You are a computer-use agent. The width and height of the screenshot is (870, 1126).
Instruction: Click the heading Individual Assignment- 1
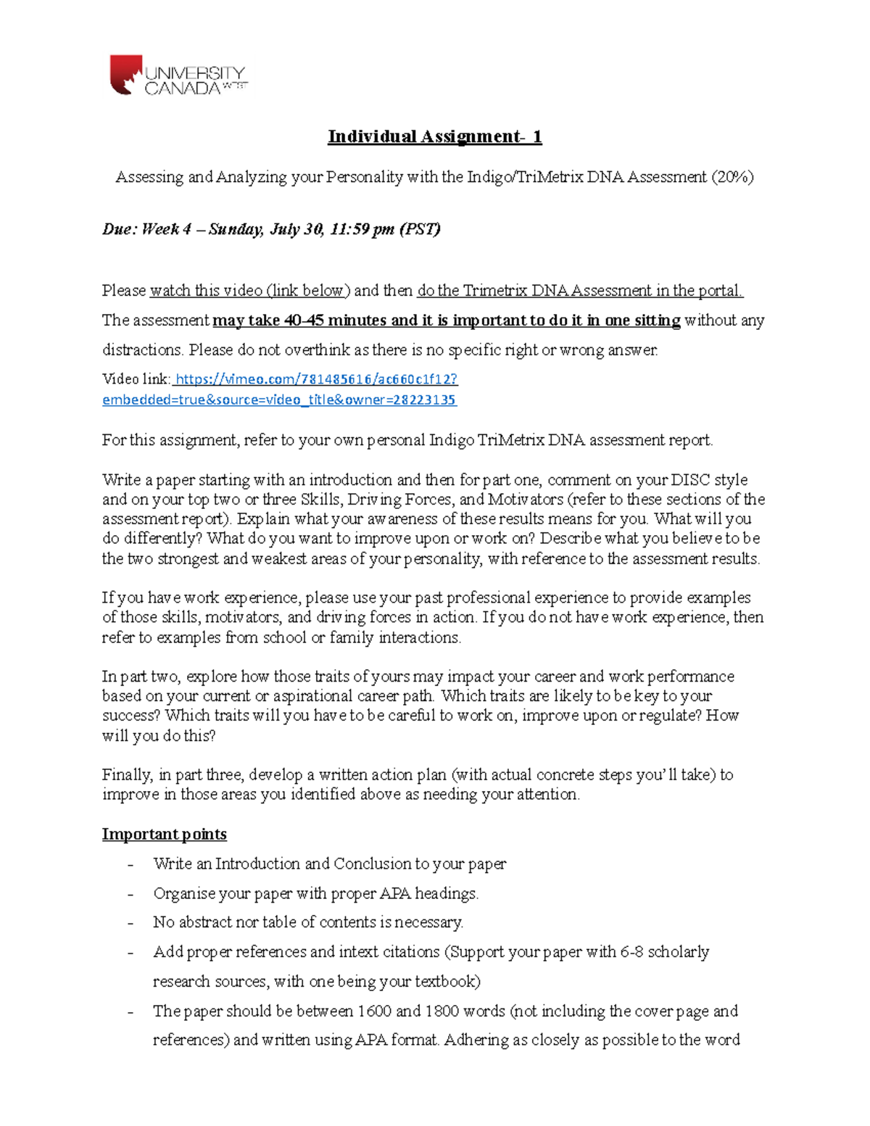coord(434,136)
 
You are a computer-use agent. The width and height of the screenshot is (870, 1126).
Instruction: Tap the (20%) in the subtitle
coord(732,177)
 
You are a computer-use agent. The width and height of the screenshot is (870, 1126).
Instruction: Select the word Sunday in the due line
coord(235,230)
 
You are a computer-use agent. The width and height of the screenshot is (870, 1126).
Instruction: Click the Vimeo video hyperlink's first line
coord(316,379)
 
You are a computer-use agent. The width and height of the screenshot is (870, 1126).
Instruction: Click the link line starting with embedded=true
coord(279,400)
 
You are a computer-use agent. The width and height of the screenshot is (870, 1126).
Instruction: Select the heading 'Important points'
coord(164,834)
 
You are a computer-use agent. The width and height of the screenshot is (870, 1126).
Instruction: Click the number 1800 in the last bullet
coord(442,1011)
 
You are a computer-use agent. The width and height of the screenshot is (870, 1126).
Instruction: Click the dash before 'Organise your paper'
coord(130,894)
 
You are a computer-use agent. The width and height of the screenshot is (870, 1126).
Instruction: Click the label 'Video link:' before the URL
coord(136,379)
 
